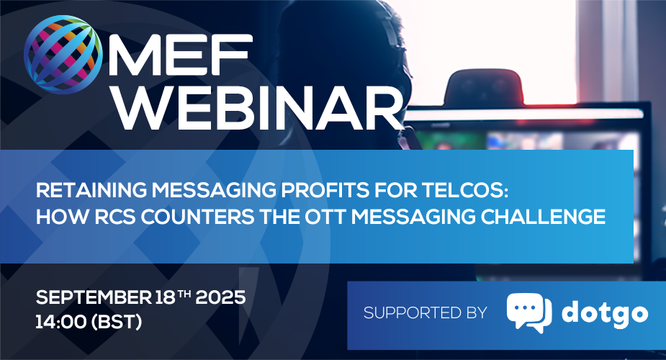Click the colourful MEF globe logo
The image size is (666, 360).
(63, 54)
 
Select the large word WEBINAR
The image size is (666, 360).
(259, 108)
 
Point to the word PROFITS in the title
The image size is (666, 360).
(325, 191)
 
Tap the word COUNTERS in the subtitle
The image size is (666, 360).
(197, 217)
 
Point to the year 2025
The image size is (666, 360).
(220, 297)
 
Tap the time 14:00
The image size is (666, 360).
(60, 323)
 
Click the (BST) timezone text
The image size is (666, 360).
(117, 323)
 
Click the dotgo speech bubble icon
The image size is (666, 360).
(528, 312)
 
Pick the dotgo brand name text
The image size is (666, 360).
(605, 314)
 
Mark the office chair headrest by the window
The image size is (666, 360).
(484, 87)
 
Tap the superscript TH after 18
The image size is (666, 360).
(184, 293)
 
